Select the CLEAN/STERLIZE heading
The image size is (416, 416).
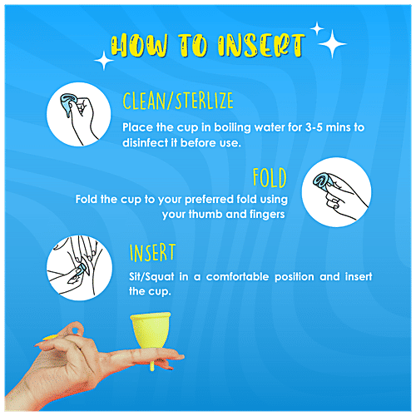pos(177,102)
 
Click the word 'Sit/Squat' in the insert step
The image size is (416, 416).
pos(151,277)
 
